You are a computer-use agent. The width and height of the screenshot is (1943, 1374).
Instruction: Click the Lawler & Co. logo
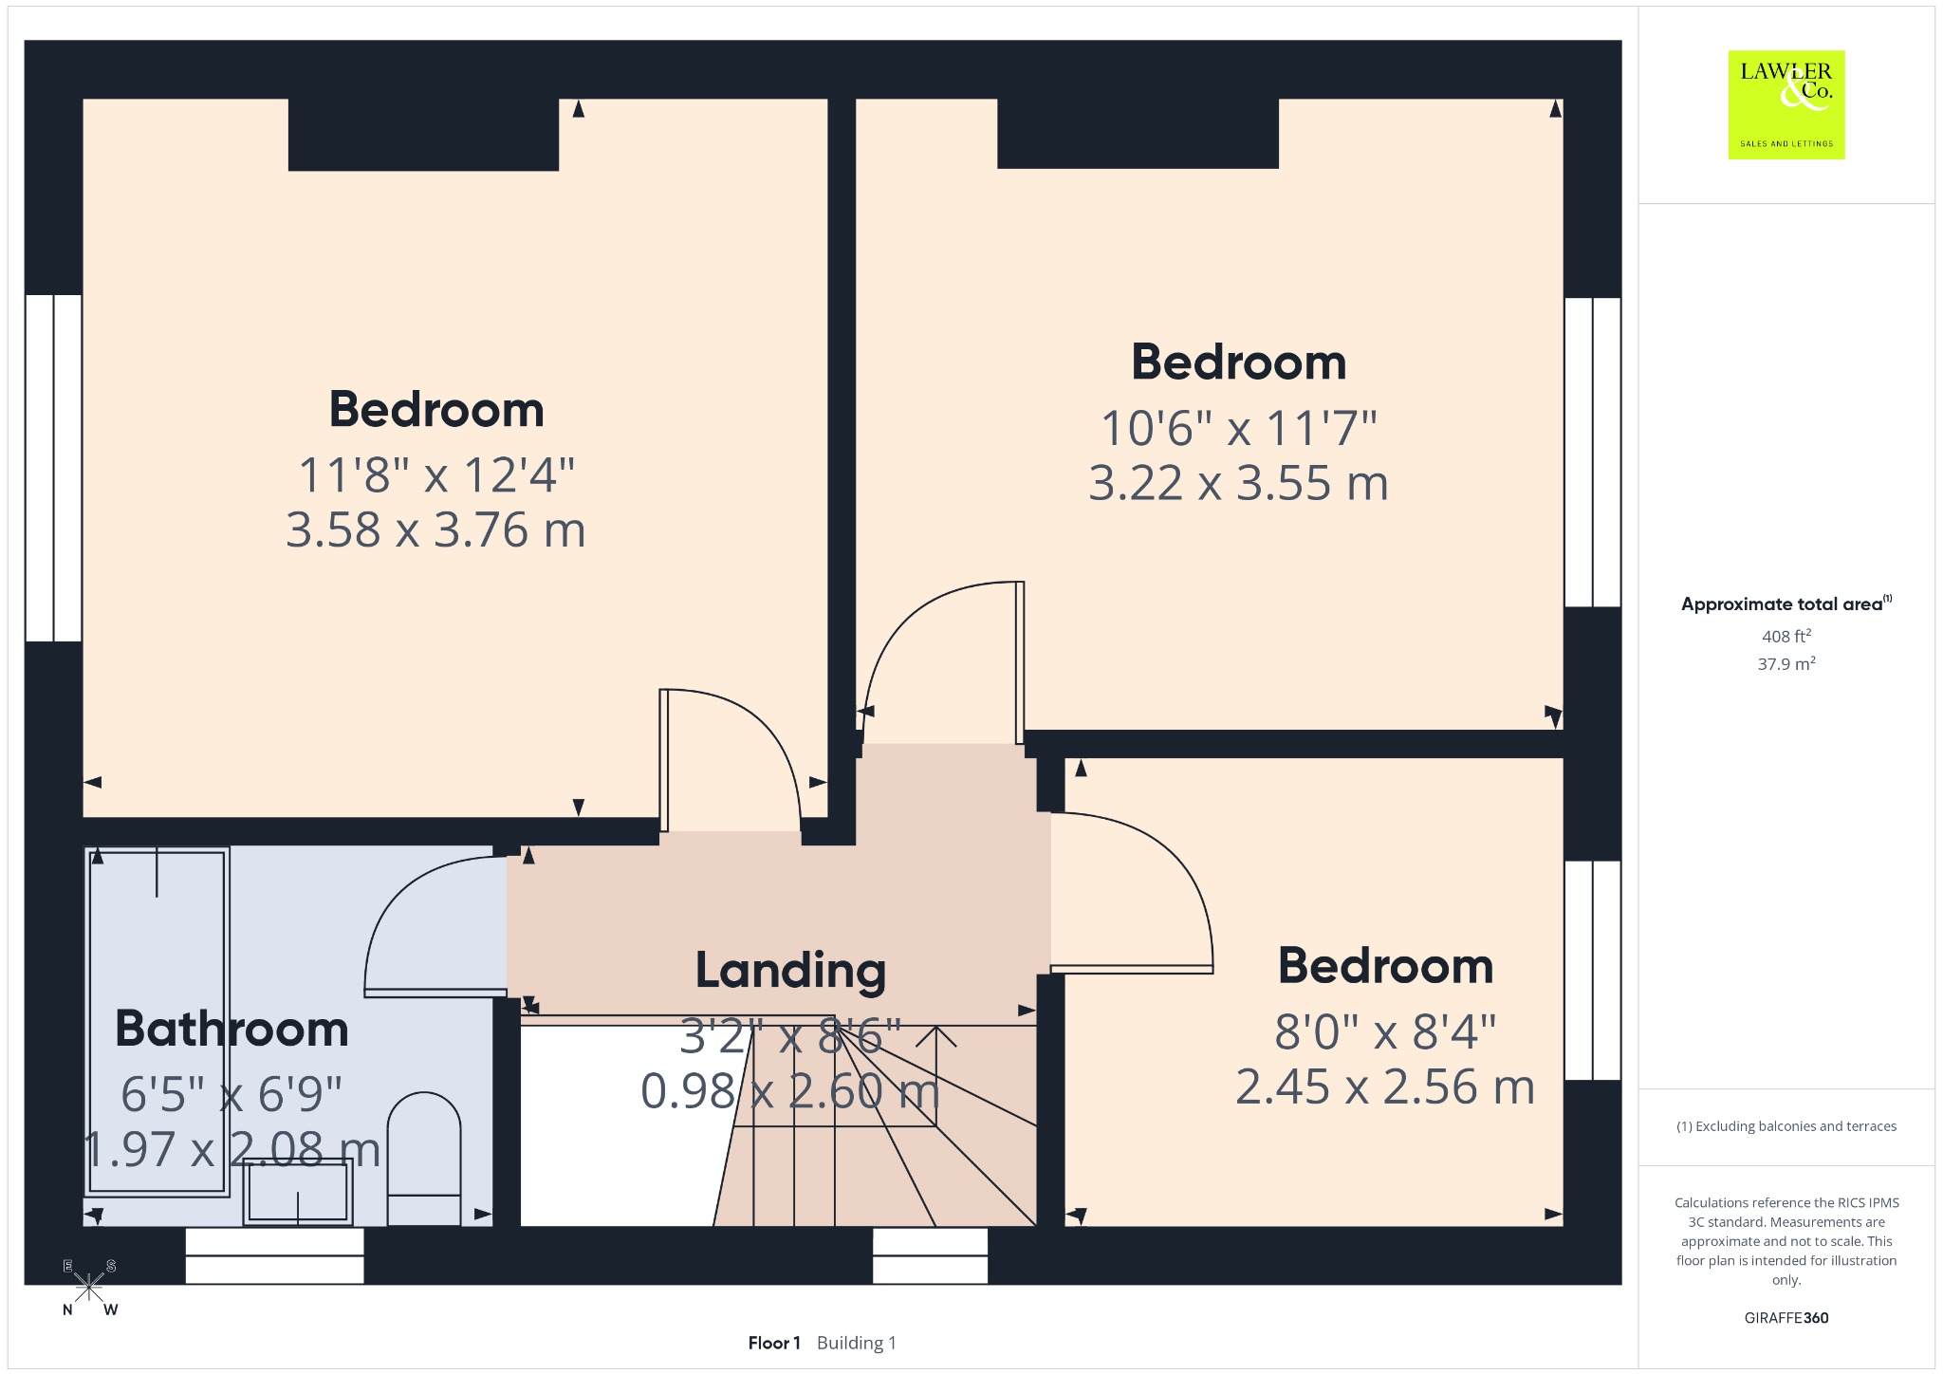click(x=1786, y=104)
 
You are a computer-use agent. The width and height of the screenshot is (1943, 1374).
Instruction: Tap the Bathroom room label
click(x=232, y=1029)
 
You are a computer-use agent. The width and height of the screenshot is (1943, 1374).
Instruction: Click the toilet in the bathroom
click(x=424, y=1159)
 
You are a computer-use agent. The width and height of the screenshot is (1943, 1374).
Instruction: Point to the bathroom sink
click(x=298, y=1193)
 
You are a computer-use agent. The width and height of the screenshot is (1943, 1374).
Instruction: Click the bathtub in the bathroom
click(x=159, y=1022)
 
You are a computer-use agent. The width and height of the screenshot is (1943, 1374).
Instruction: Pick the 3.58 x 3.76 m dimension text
click(x=435, y=529)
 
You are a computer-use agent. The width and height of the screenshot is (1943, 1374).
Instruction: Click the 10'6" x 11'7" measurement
click(x=1238, y=428)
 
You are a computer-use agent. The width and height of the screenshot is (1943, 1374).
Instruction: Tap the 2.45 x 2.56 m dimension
click(x=1385, y=1086)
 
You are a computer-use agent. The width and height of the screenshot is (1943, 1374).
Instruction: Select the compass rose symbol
click(x=89, y=1288)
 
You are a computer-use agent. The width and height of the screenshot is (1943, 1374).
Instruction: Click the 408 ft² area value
click(x=1786, y=636)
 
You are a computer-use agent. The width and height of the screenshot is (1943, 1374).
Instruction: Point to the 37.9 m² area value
click(x=1786, y=663)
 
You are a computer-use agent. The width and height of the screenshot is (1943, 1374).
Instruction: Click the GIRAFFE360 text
click(x=1786, y=1318)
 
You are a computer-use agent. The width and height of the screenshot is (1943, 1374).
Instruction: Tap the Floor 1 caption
click(x=774, y=1343)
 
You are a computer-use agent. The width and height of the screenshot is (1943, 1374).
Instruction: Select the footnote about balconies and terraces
click(x=1786, y=1126)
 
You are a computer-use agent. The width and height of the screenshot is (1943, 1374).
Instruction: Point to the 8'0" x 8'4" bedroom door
click(x=1132, y=969)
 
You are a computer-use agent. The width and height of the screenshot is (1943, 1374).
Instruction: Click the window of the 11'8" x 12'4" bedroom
click(x=53, y=468)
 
